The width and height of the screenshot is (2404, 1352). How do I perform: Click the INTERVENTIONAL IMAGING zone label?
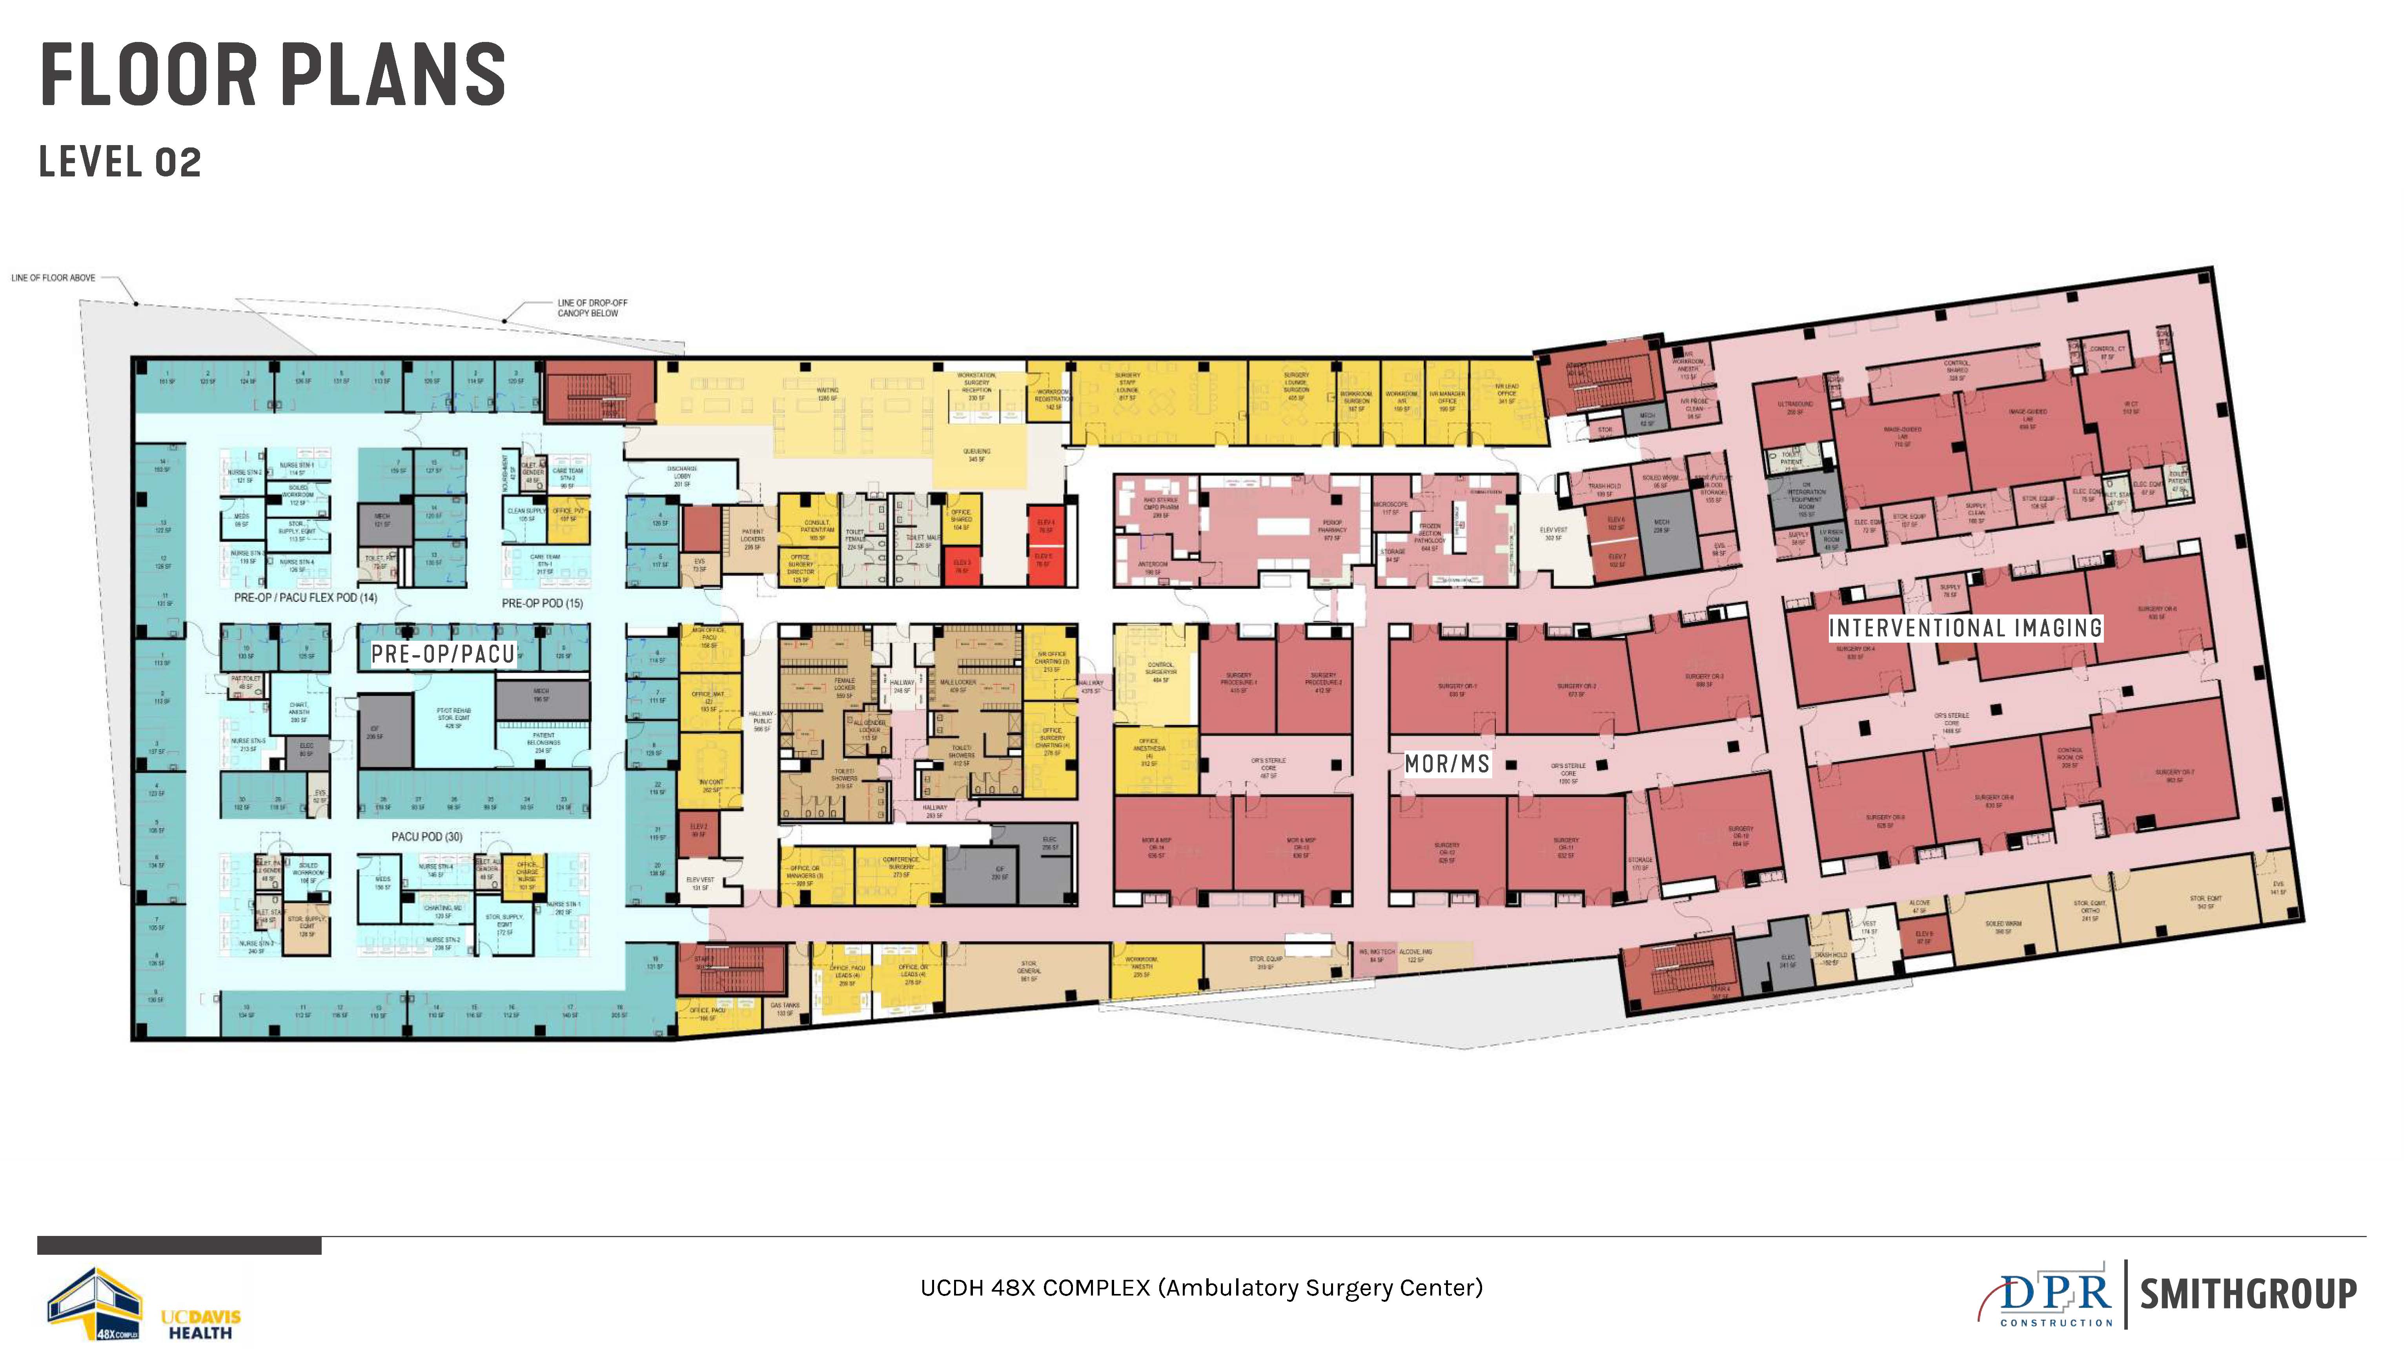coord(1965,628)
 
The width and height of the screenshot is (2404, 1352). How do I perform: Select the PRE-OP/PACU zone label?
coord(443,654)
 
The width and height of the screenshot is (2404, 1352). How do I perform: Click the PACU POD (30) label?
coord(426,836)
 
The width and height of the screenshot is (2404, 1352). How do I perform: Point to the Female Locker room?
coord(844,689)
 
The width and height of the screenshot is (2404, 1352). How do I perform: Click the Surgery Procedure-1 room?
coord(1238,682)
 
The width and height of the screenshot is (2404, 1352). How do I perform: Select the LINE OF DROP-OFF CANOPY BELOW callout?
coord(592,308)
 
